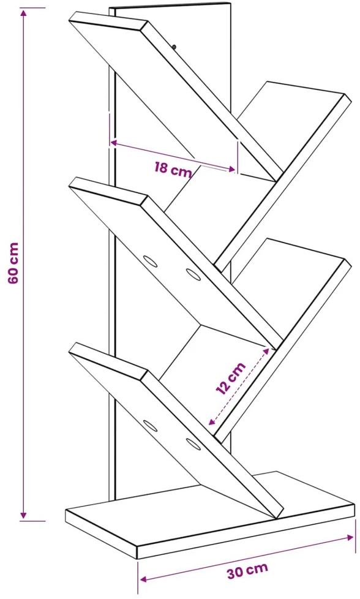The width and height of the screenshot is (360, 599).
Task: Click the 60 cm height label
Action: click(13, 263)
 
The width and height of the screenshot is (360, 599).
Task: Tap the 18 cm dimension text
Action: click(173, 168)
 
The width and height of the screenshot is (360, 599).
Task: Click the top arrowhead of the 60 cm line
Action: click(24, 13)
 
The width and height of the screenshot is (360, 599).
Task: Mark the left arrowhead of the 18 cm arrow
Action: click(114, 143)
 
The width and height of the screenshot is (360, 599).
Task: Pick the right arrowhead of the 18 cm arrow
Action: click(231, 169)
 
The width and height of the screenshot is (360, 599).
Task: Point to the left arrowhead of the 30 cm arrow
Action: click(143, 579)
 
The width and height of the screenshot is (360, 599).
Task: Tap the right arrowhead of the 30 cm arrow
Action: click(350, 538)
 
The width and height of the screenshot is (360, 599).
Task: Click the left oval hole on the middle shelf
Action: click(151, 262)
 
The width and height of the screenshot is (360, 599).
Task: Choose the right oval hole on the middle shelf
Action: click(193, 274)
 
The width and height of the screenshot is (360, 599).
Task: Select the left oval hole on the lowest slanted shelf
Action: click(151, 426)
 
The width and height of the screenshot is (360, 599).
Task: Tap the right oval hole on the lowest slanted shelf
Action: click(193, 444)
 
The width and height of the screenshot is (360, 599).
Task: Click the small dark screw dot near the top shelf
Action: click(174, 47)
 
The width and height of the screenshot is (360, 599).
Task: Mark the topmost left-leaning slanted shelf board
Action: click(176, 96)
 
